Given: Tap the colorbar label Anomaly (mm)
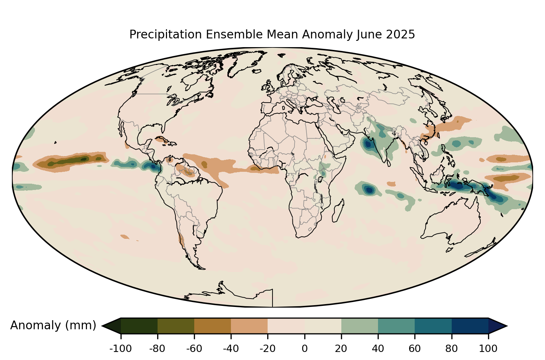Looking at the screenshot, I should [x=53, y=325].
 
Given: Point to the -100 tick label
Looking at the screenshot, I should [x=121, y=348].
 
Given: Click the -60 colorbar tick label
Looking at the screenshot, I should [x=194, y=348].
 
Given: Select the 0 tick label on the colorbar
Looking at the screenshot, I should [x=305, y=348].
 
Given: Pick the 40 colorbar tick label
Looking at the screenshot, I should [x=378, y=348].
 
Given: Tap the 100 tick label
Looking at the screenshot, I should [x=488, y=348].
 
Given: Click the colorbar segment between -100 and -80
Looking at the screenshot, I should [x=139, y=326].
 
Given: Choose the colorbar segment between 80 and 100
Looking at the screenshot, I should [x=470, y=326].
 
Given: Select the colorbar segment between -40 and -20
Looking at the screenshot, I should [x=249, y=326].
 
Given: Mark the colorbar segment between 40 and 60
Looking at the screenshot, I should [x=397, y=326].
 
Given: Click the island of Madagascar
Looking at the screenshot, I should [x=338, y=211].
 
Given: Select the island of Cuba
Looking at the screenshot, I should [x=162, y=140].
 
